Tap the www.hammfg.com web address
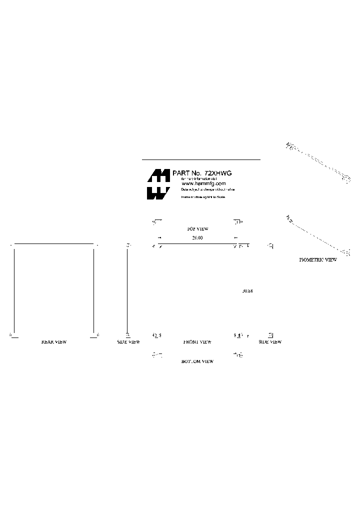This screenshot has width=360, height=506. [200, 183]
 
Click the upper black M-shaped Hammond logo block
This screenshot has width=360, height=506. [158, 175]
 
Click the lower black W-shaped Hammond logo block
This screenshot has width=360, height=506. [158, 193]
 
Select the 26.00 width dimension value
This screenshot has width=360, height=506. [197, 238]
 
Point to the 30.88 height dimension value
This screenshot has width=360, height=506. [247, 291]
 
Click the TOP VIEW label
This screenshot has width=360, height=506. [197, 228]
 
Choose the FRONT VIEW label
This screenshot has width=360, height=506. [197, 342]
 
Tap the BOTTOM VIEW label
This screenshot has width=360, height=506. [197, 361]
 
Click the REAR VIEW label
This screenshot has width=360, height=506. [53, 342]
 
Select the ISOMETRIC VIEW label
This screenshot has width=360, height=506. [317, 260]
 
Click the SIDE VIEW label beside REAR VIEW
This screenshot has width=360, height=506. [128, 342]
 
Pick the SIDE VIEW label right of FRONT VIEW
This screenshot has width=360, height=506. [270, 342]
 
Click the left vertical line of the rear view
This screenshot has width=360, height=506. [14, 290]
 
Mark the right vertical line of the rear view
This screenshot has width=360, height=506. [93, 290]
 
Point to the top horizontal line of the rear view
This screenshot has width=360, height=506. [54, 244]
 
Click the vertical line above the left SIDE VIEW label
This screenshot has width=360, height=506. [127, 290]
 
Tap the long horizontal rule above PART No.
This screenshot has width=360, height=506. [201, 159]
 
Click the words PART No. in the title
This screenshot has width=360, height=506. [185, 173]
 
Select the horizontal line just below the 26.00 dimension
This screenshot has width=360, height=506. [197, 244]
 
